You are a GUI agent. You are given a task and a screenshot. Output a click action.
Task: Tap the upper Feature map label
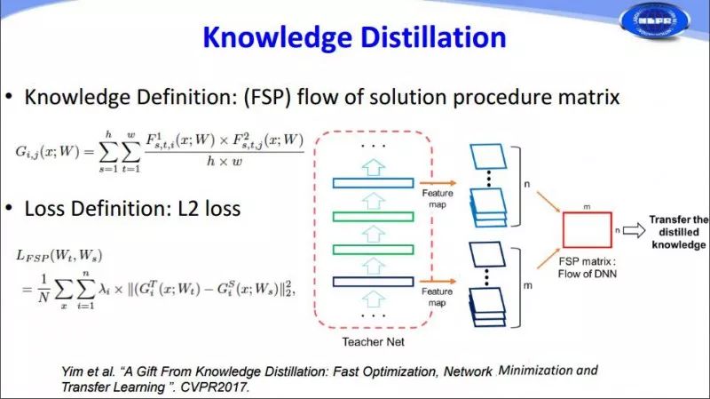tap(437, 196)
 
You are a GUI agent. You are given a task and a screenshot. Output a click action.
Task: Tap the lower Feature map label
tap(437, 296)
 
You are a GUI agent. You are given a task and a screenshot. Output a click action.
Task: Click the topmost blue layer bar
tap(373, 182)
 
